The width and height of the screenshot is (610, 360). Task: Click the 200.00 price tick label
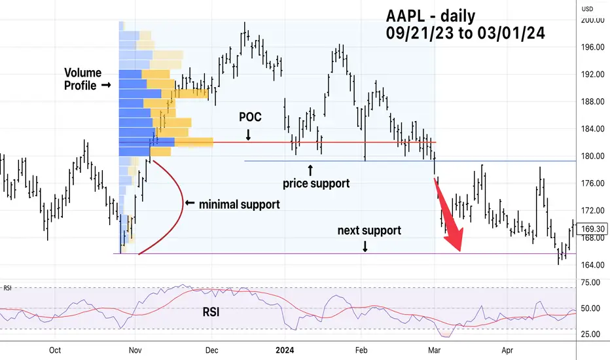click(592, 20)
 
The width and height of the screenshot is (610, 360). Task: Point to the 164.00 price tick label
click(592, 265)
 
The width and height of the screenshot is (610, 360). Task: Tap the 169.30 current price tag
click(592, 229)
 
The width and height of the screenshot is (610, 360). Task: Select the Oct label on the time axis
click(55, 350)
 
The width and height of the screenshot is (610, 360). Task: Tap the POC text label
click(249, 117)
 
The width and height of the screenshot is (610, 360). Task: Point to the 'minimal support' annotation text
click(239, 204)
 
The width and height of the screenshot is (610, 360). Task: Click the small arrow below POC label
click(249, 135)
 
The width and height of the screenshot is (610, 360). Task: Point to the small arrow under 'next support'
click(365, 246)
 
